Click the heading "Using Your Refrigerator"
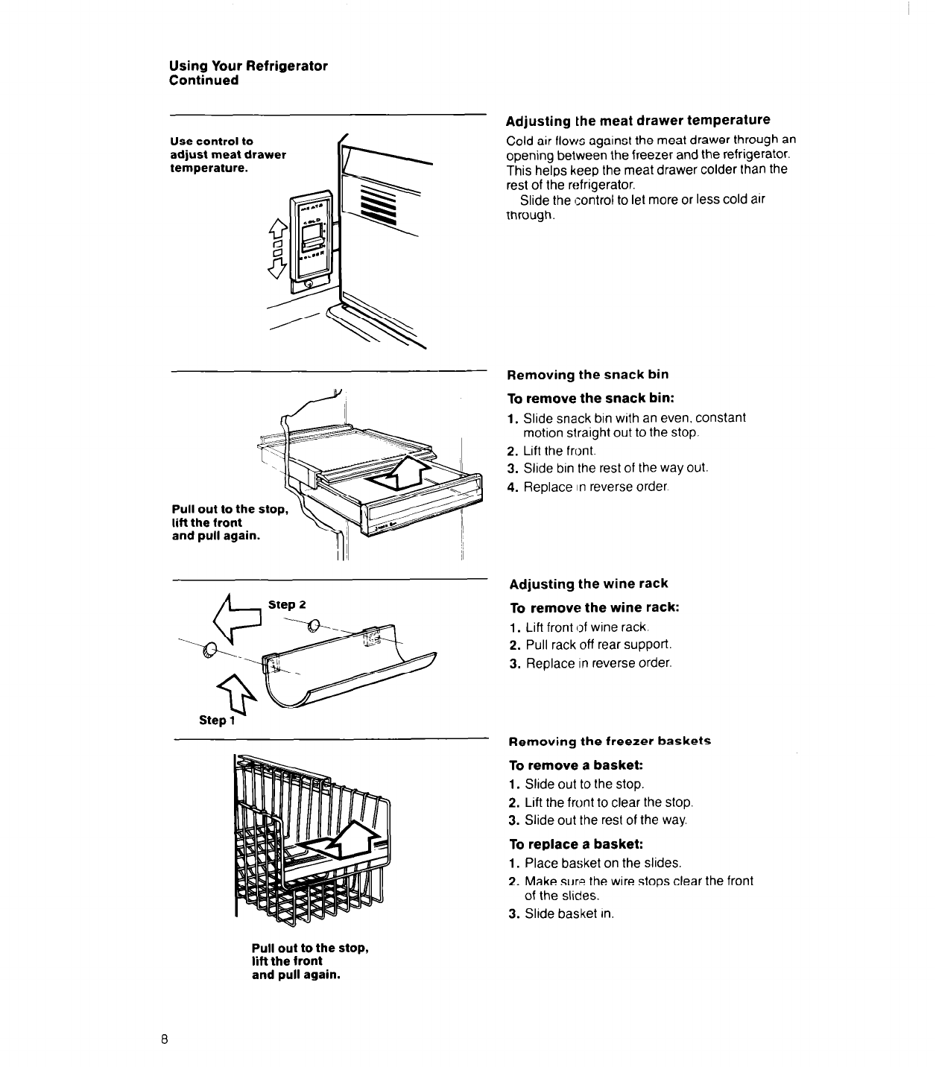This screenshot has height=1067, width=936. pos(248,66)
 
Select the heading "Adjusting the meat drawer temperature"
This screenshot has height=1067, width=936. pos(637,120)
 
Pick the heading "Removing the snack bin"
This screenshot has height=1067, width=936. pos(587,374)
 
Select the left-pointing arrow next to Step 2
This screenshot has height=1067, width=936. pos(237,621)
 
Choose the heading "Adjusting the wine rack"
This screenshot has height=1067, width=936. pos(589,583)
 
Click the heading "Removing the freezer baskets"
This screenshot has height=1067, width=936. pos(610,741)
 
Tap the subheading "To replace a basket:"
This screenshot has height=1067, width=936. pos(575,844)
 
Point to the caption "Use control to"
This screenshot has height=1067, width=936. pos(212,141)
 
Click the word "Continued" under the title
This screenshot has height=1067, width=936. pos(204,80)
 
